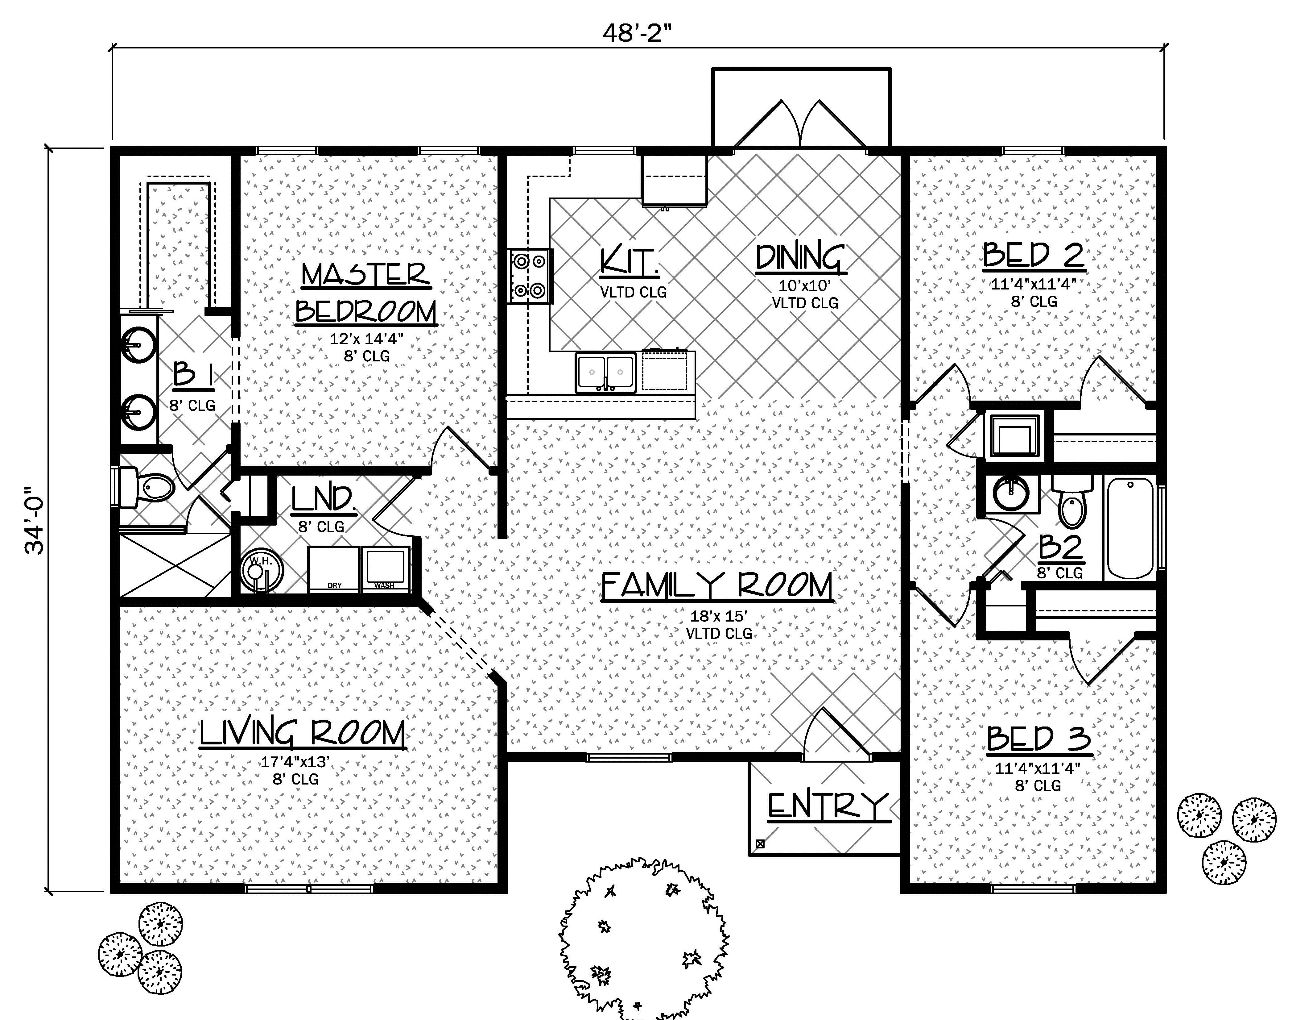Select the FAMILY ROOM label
click(x=717, y=586)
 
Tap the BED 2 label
click(x=1034, y=255)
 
